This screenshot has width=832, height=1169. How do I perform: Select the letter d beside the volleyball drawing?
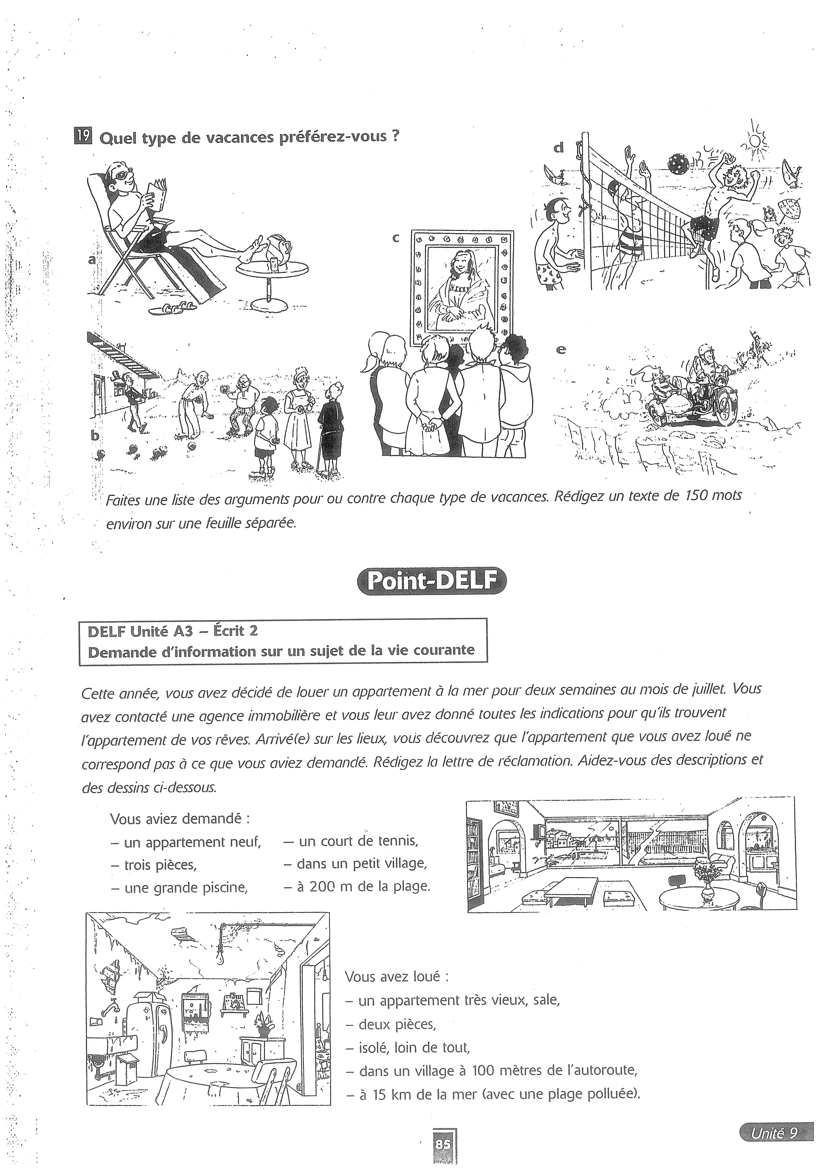point(559,148)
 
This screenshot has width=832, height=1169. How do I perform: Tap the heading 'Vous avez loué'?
point(397,976)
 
